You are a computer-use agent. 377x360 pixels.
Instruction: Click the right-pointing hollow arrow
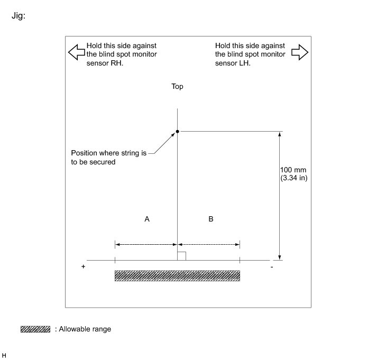point(299,52)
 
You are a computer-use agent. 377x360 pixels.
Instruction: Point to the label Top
point(177,86)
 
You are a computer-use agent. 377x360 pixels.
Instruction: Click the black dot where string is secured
point(177,131)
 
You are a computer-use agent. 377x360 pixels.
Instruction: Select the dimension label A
point(147,218)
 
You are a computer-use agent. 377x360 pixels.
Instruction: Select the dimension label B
point(211,218)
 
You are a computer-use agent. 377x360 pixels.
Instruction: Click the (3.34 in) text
point(293,178)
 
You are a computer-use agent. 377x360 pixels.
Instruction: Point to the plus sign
point(84,267)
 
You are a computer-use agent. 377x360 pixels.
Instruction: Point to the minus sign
point(271,267)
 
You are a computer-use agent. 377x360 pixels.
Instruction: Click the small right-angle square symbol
point(181,256)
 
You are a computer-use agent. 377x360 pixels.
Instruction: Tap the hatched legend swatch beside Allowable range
point(35,329)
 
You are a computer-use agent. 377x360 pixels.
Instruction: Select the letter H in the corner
point(4,354)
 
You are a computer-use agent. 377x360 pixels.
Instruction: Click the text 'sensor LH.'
point(233,62)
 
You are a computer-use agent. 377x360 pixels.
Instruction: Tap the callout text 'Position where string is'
point(108,153)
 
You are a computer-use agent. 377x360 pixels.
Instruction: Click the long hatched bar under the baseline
point(177,275)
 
